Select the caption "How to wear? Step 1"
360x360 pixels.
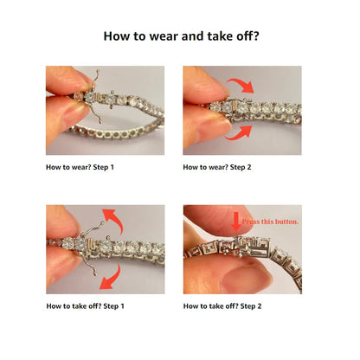tap(80, 167)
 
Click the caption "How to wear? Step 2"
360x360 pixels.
tap(217, 167)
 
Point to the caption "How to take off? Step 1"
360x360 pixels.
tap(85, 306)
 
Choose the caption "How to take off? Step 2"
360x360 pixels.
tap(222, 306)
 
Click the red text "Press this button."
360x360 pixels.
tap(270, 222)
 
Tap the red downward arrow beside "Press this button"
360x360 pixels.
tap(236, 222)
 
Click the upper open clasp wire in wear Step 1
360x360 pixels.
tap(95, 78)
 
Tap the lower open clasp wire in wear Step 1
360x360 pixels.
tap(95, 112)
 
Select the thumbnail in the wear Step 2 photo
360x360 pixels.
tap(214, 128)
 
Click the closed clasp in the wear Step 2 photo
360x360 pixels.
tap(240, 108)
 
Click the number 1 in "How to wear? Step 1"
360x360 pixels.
tap(112, 167)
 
